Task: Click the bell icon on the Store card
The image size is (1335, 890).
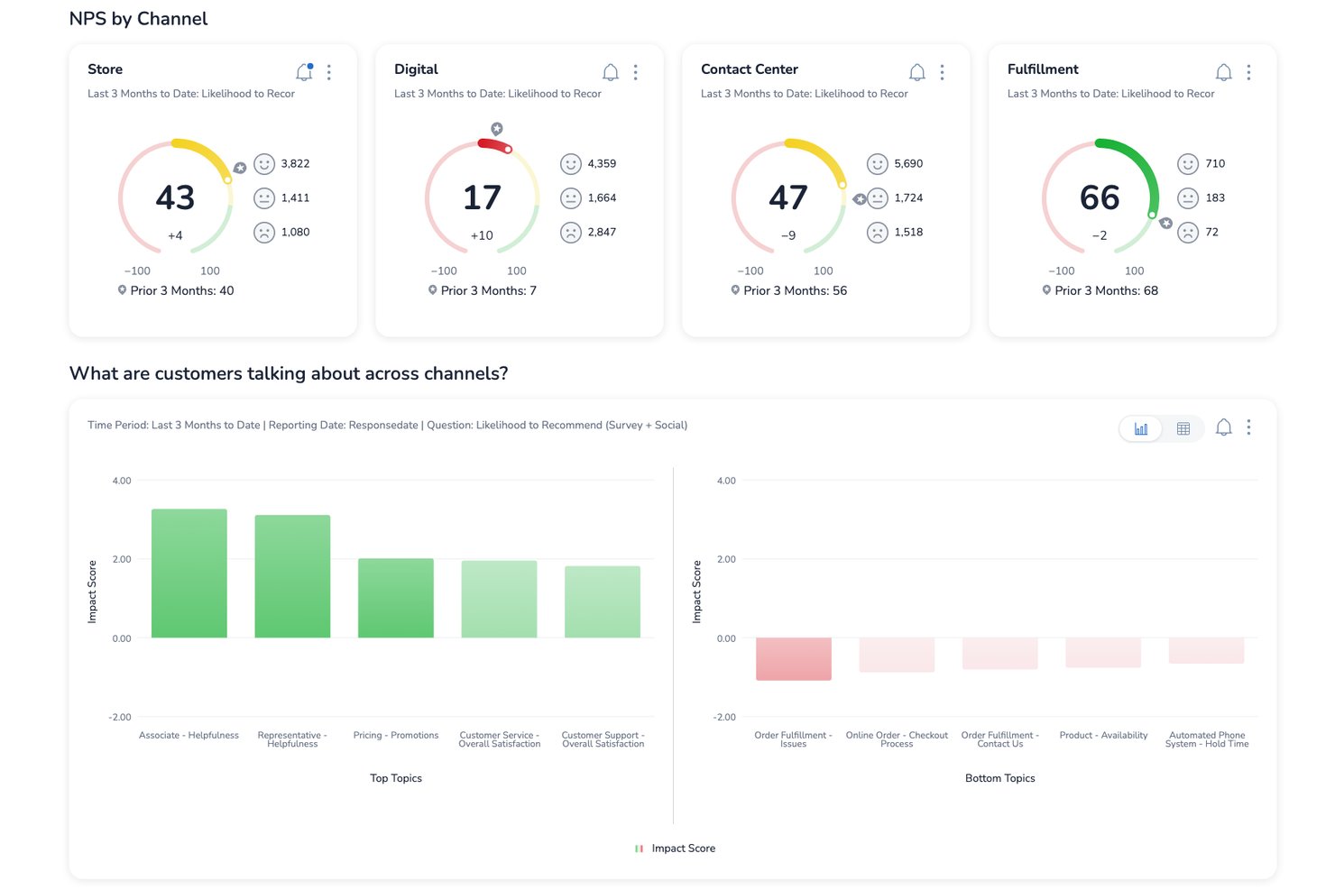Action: coord(304,72)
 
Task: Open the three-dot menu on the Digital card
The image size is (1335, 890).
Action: coord(635,72)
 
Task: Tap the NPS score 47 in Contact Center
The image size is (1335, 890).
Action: coord(787,197)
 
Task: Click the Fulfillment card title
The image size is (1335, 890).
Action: coord(1043,69)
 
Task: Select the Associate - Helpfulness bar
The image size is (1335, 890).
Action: coord(189,573)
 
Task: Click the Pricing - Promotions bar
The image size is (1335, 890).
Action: coord(396,598)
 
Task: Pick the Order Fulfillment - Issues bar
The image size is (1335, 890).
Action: coord(793,659)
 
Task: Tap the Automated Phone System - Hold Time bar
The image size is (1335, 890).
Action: coord(1206,650)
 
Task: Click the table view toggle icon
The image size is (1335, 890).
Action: coord(1183,428)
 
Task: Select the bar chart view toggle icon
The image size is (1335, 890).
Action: coord(1141,428)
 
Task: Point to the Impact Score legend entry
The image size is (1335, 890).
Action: coord(676,849)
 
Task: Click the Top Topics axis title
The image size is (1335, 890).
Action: coord(396,778)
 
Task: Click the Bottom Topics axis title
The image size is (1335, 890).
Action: coord(1000,778)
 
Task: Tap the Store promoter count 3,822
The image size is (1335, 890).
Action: coord(295,164)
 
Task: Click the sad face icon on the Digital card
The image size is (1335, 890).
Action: coord(570,233)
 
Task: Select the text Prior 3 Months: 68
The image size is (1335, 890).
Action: coord(1106,290)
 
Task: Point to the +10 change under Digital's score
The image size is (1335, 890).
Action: coord(482,235)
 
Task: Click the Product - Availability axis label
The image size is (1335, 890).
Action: coord(1103,735)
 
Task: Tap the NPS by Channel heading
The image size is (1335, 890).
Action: coord(138,19)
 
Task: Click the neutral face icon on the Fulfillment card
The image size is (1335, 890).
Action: coord(1187,197)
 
